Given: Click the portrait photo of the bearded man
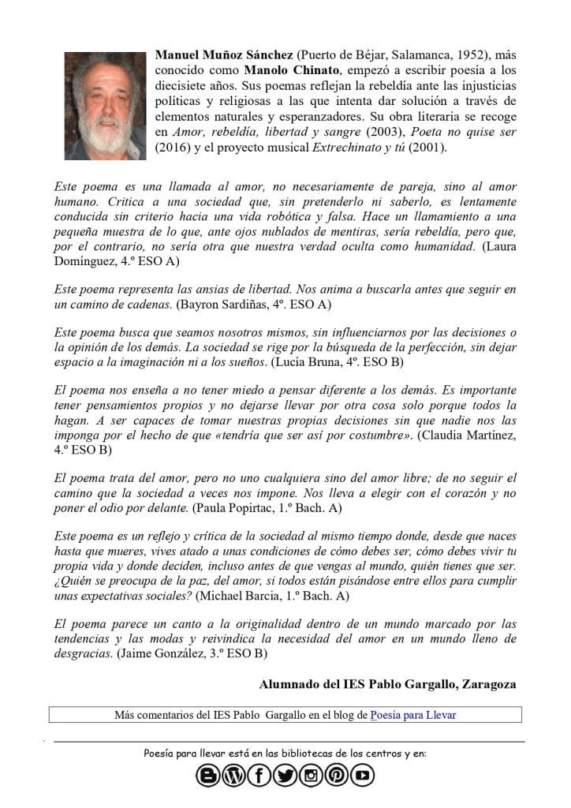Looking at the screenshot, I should coord(105,105).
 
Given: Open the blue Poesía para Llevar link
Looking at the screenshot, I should coord(412,715).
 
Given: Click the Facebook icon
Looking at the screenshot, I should coord(259,776).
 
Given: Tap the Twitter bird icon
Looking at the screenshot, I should coord(285,776).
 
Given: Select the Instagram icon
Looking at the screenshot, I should coord(311,776).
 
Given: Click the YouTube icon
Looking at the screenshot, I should coord(363,776).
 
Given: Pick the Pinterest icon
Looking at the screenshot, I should coord(337,776).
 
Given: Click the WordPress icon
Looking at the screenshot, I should coord(233,776).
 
